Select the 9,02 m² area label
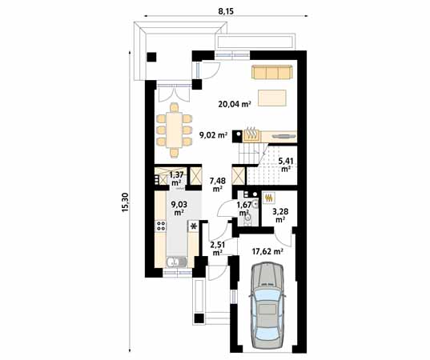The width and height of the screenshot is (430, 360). click(x=213, y=135)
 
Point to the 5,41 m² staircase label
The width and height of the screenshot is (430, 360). click(x=286, y=165)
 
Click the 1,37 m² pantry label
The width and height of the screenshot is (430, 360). click(x=176, y=178)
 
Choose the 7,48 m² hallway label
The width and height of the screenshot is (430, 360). click(x=217, y=184)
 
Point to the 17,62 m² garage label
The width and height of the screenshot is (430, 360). click(x=267, y=250)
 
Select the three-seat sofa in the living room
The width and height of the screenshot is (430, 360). click(x=272, y=73)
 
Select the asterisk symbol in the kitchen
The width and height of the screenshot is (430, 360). click(x=193, y=227)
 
